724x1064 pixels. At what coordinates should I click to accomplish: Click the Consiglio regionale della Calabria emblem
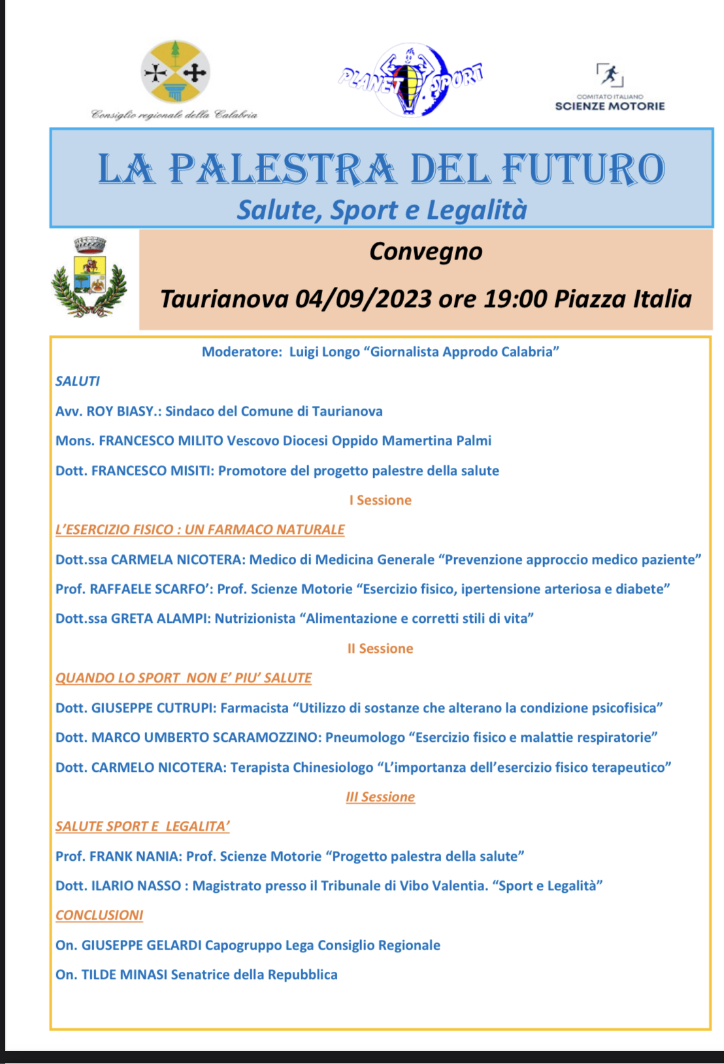(175, 72)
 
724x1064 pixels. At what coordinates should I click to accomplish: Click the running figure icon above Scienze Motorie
(610, 75)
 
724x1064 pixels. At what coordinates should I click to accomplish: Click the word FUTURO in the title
(583, 169)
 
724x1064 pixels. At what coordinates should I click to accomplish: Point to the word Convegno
(425, 252)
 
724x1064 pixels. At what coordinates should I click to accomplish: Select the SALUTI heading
(78, 381)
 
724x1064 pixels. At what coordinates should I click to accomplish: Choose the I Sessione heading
(380, 500)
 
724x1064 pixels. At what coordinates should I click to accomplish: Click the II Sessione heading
(380, 648)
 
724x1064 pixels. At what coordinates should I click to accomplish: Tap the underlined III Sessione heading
(380, 797)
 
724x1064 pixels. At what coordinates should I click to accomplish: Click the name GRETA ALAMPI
(161, 618)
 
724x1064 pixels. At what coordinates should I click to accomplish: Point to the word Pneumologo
(365, 737)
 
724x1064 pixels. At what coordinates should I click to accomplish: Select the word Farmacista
(254, 708)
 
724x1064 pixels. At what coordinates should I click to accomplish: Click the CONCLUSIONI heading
(99, 915)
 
